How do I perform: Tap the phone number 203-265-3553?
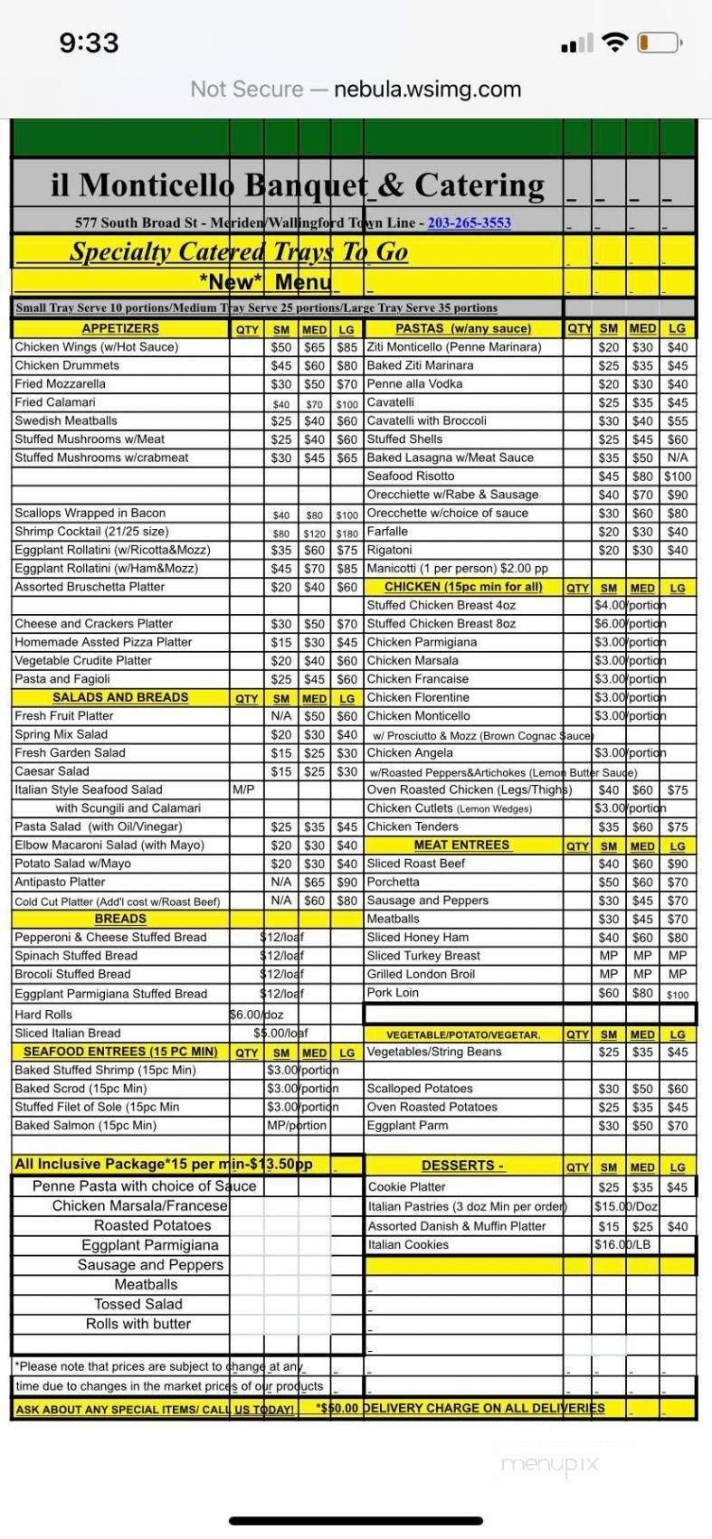[x=469, y=222]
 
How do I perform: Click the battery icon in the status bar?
[x=658, y=42]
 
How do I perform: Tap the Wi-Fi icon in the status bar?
[x=615, y=42]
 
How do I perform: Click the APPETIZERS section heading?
[x=119, y=329]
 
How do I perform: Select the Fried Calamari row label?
[x=55, y=402]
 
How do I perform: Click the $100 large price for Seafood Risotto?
[x=677, y=477]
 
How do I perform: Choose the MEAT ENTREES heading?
[x=461, y=845]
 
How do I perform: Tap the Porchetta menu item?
[x=393, y=883]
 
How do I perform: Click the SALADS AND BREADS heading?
[x=120, y=698]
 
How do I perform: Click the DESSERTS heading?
[x=461, y=1166]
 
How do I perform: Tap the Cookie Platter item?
[x=407, y=1187]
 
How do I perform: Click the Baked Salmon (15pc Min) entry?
[x=85, y=1126]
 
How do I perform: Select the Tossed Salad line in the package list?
[x=138, y=1304]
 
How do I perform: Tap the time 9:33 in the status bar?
[x=89, y=42]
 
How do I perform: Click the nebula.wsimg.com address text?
[x=427, y=90]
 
